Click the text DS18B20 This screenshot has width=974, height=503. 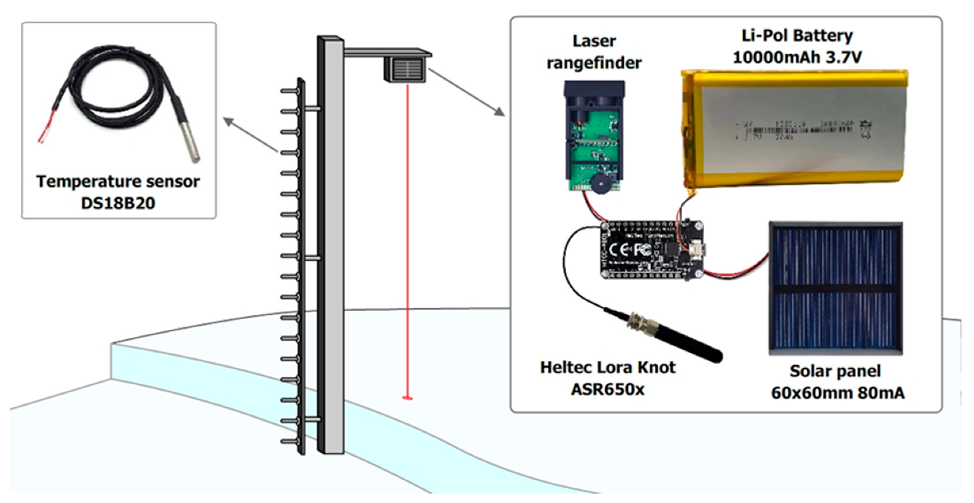tap(118, 203)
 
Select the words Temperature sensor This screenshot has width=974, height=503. tap(118, 182)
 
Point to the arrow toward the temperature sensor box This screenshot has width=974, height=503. tap(250, 135)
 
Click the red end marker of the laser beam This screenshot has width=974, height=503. tap(407, 398)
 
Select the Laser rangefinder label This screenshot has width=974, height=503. tap(594, 52)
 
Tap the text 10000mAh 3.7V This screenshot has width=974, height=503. tap(797, 58)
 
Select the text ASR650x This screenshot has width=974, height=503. tap(608, 389)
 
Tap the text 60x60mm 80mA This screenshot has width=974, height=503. tap(837, 393)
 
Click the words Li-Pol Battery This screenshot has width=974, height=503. tap(797, 36)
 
